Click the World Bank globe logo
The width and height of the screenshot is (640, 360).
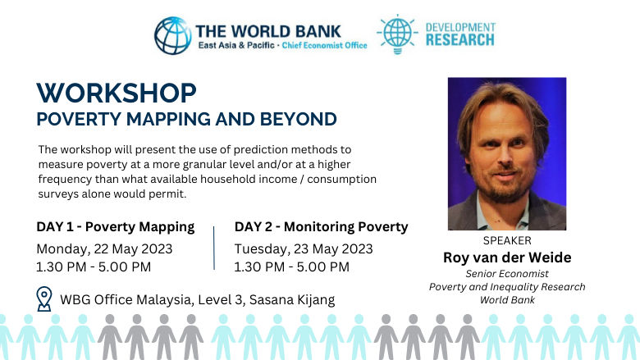(172, 34)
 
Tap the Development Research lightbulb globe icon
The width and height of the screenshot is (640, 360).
(396, 33)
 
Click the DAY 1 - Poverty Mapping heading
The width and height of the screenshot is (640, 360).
(115, 226)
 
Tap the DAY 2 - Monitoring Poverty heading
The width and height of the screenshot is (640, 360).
(321, 226)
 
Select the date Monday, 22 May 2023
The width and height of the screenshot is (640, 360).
(104, 248)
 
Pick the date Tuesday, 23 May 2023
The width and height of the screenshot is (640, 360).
(304, 248)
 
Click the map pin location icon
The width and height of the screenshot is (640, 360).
(44, 298)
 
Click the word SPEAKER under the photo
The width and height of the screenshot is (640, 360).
(507, 240)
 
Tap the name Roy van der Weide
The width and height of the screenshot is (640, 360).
(507, 257)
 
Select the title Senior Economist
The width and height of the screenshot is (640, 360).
(507, 273)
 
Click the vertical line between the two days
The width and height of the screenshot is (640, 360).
(214, 247)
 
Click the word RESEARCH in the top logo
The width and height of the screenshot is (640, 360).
(460, 39)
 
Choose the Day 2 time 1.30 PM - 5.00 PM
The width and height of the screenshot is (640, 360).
(291, 267)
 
